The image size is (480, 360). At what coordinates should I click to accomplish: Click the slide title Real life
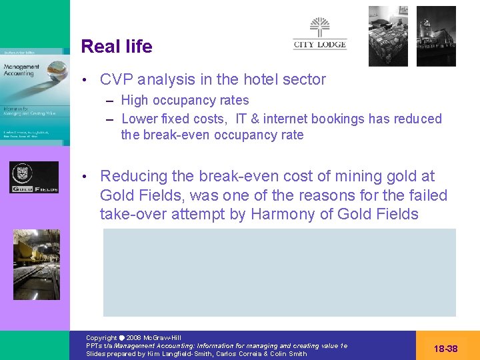pos(116,47)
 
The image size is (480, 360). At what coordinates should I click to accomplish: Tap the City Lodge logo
pos(320,34)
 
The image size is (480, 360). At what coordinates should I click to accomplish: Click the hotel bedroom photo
pos(387,36)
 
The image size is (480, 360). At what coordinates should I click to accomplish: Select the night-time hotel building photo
pos(436,36)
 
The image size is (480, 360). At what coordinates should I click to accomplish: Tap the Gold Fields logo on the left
pos(34,177)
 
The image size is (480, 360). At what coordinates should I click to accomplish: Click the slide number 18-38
pos(445,349)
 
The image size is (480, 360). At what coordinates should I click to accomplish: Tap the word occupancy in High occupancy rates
pos(184,101)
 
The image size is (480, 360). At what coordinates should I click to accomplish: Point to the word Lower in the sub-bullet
pos(140,119)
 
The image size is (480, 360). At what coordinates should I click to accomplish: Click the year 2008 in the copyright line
pos(133,338)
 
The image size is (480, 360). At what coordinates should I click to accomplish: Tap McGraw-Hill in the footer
pos(163,338)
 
